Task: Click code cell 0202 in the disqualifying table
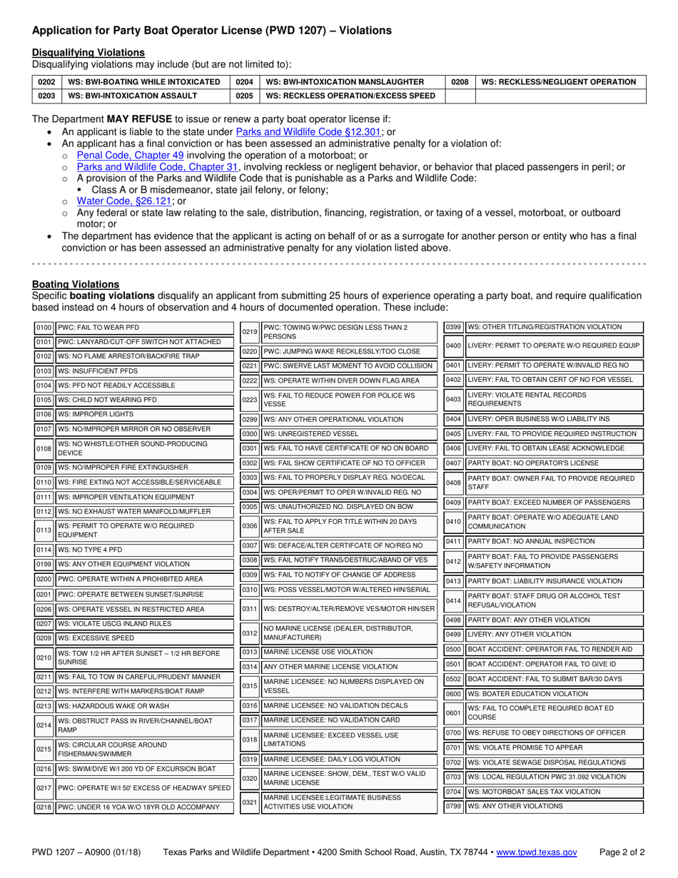click(46, 82)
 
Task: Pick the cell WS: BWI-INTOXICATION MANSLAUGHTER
click(345, 82)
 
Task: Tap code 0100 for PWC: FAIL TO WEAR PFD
click(44, 328)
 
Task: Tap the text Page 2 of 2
click(622, 852)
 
